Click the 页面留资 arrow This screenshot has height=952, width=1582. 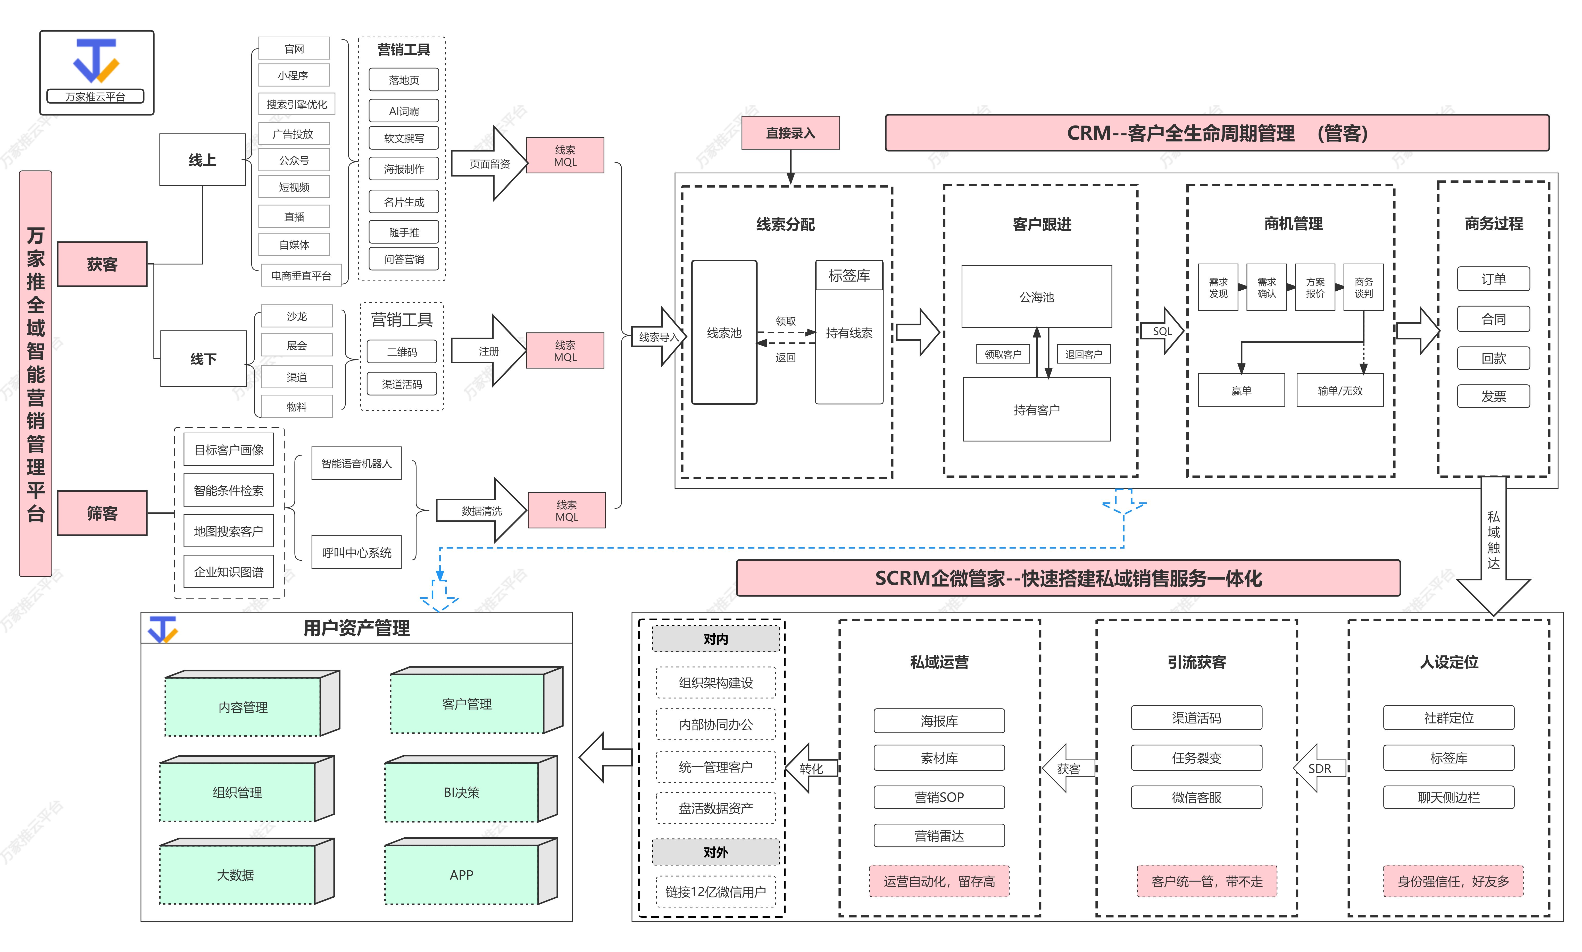(489, 164)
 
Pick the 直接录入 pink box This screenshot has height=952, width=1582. (790, 133)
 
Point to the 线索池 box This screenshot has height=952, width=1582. (724, 332)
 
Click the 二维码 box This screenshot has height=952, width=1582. (402, 351)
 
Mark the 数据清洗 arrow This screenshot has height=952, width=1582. (481, 511)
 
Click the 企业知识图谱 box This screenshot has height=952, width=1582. (228, 571)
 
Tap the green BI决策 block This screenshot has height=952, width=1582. (461, 792)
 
